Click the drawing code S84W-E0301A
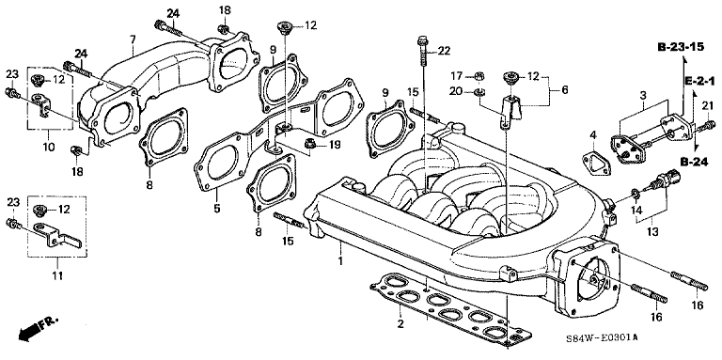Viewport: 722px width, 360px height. point(602,337)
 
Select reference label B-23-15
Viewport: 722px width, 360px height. point(681,47)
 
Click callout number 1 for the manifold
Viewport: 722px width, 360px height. point(340,261)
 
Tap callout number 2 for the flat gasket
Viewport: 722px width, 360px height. point(400,324)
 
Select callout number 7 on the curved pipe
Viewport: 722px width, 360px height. point(133,39)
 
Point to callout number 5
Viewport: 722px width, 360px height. point(217,209)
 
